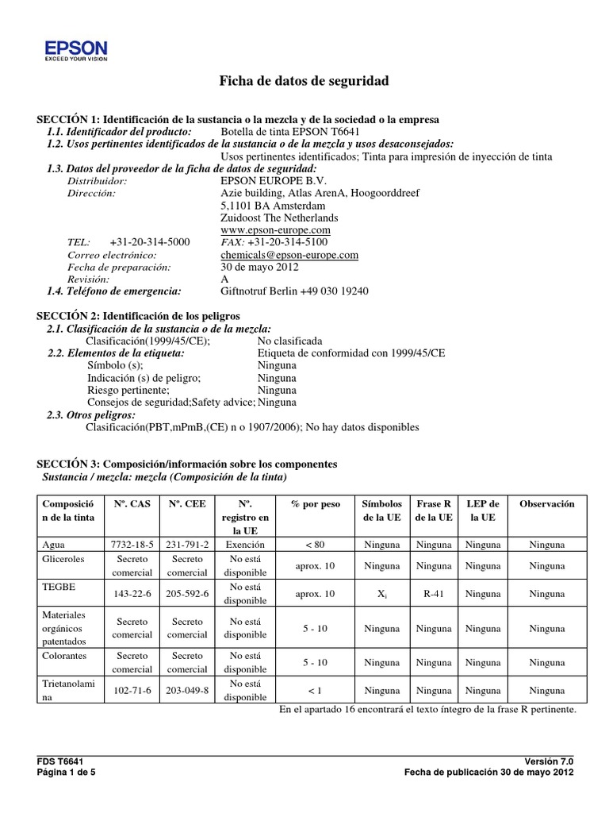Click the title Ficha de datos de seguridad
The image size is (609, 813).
[304, 82]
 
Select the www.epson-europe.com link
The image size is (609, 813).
[275, 229]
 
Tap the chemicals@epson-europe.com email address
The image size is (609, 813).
[289, 255]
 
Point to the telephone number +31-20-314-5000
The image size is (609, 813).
[150, 242]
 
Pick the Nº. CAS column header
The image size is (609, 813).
[132, 504]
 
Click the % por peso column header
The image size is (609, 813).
[315, 504]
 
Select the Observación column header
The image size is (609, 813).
[547, 504]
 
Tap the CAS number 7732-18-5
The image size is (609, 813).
[132, 545]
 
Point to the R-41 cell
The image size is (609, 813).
[434, 594]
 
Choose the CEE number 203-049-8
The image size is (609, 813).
[187, 691]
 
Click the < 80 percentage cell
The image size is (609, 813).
[315, 545]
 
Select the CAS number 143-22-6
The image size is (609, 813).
[132, 594]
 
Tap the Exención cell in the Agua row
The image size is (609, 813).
[245, 545]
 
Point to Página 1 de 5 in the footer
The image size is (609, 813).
[67, 771]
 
